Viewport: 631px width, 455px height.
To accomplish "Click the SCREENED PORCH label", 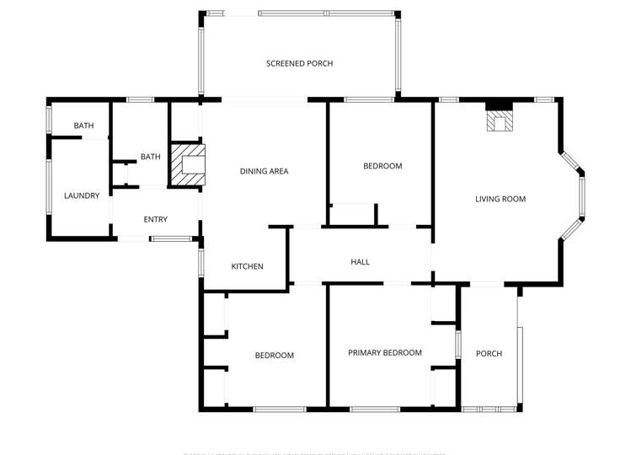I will click(x=299, y=64).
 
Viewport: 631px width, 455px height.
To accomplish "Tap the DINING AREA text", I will click(x=264, y=171).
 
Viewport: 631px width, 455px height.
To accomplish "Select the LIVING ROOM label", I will click(x=500, y=199).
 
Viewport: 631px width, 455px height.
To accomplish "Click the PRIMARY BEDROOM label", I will click(x=385, y=352).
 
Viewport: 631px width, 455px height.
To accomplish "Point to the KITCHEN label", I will click(x=247, y=266).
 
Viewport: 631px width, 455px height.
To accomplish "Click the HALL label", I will click(x=360, y=262).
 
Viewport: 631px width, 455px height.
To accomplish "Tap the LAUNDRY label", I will click(x=82, y=195).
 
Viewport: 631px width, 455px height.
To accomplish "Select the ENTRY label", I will click(x=155, y=219).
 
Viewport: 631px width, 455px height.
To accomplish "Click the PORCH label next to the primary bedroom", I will click(x=489, y=353).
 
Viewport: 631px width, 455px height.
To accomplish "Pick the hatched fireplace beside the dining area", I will click(x=187, y=164).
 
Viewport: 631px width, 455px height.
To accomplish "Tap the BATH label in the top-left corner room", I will click(x=83, y=126).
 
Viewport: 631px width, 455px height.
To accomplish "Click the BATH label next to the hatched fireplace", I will click(x=150, y=157).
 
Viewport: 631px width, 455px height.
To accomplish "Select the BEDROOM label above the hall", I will click(x=382, y=166).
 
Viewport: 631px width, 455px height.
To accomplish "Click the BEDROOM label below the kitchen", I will click(x=275, y=356).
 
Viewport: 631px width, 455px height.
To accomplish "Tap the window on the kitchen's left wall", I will click(x=202, y=261).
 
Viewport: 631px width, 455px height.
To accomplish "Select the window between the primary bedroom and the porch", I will click(x=458, y=346).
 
